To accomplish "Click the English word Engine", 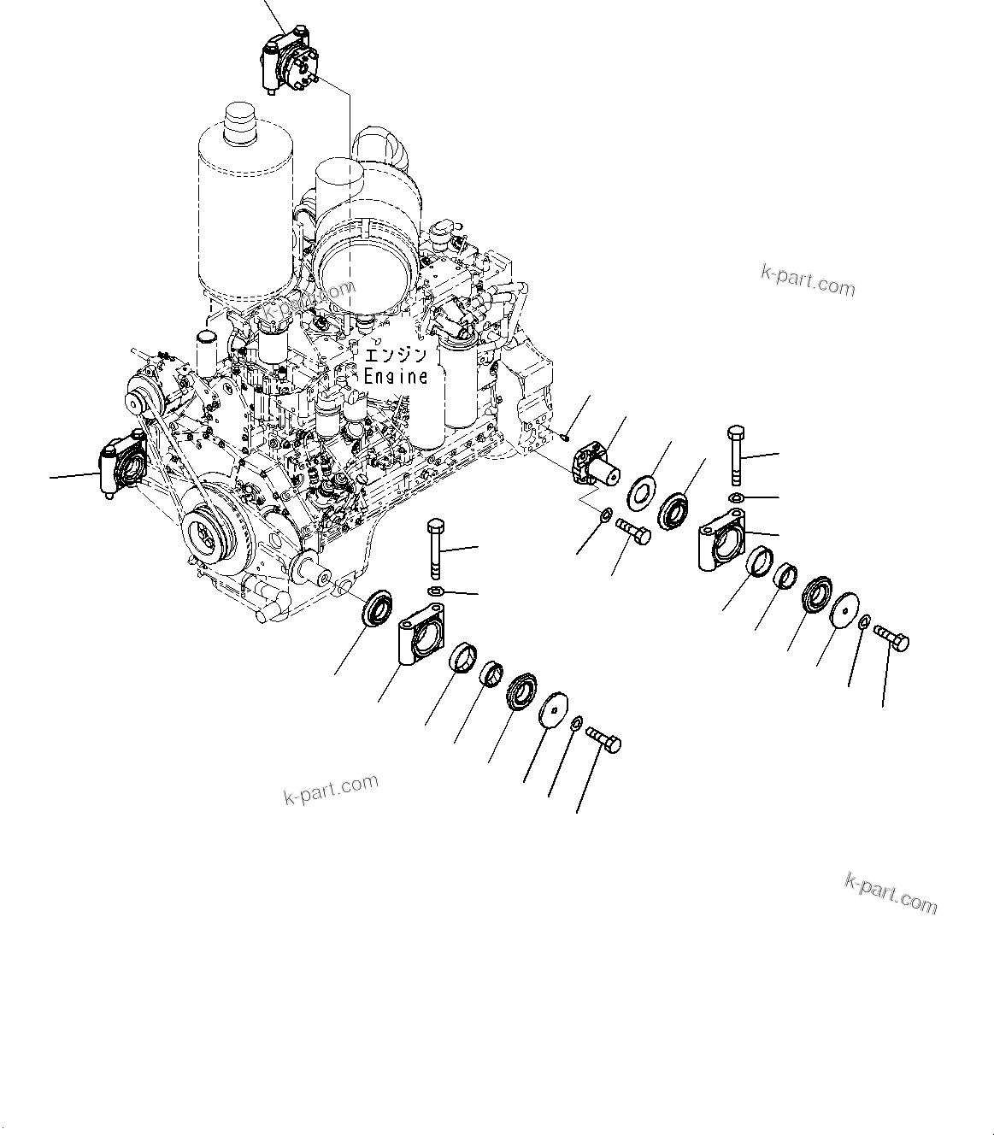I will pos(395,375).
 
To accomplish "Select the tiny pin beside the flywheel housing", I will pos(567,438).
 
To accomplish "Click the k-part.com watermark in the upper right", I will pos(807,279).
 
